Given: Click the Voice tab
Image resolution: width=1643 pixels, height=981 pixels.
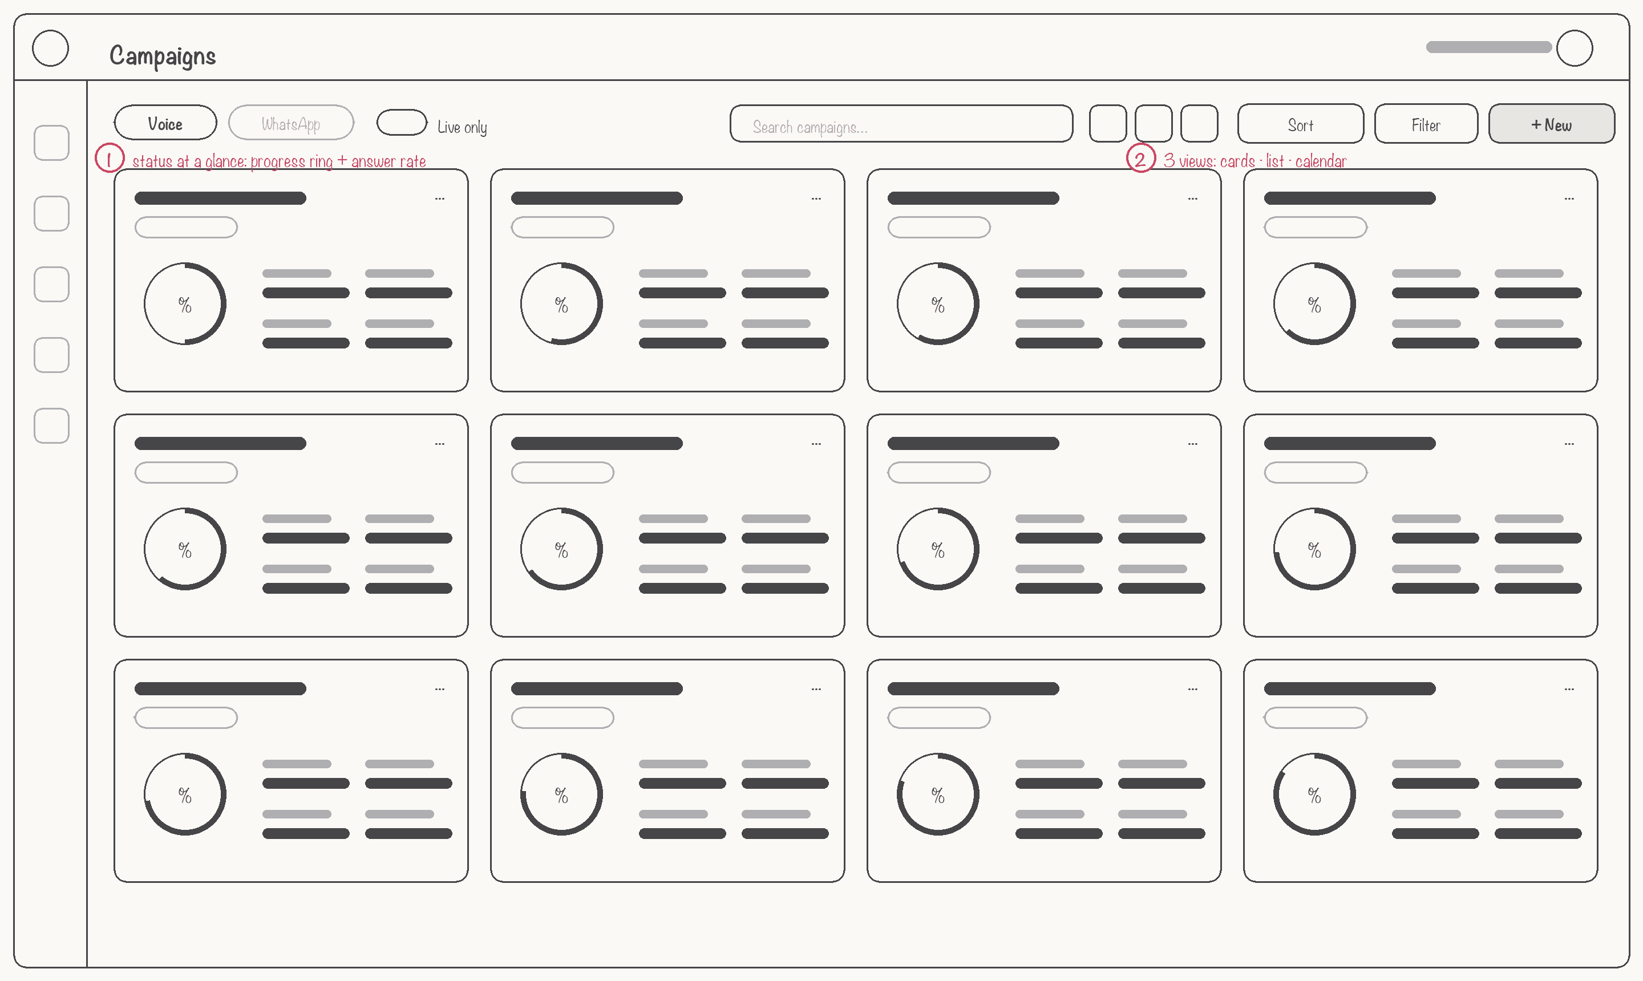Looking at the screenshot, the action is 165,123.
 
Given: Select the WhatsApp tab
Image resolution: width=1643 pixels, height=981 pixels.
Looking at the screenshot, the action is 291,123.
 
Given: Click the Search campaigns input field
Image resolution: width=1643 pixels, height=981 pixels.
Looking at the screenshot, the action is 901,124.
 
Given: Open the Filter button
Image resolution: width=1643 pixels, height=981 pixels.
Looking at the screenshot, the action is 1426,124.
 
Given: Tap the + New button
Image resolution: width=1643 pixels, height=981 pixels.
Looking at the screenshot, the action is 1551,124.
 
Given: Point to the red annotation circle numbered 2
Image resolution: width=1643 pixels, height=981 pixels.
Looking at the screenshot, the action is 1140,159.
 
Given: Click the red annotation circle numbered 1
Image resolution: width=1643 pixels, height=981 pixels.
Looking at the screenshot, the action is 109,159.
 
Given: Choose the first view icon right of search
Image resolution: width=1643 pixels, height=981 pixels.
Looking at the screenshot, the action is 1108,124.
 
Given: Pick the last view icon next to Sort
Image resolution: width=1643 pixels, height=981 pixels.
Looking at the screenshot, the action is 1199,124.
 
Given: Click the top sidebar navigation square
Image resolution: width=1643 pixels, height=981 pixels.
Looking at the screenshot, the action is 51,143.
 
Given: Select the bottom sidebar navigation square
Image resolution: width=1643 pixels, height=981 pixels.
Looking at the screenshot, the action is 51,425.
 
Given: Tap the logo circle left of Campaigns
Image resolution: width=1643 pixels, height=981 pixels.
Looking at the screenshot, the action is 50,48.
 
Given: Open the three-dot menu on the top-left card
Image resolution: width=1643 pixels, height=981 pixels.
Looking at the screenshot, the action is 440,198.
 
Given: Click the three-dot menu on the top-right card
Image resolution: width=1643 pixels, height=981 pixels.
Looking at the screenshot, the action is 1569,198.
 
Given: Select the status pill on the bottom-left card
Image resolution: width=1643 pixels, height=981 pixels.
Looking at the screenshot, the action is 186,718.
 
